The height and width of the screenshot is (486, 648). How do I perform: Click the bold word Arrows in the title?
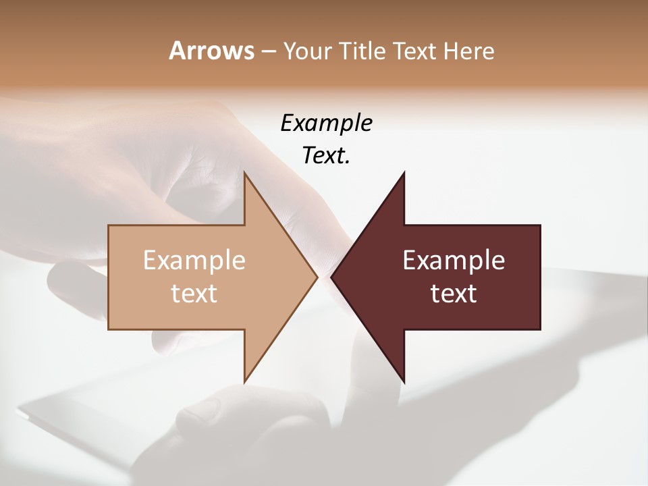click(x=211, y=51)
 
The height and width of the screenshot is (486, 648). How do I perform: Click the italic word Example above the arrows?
click(x=326, y=124)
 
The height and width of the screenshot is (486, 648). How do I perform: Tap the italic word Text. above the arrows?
click(x=326, y=156)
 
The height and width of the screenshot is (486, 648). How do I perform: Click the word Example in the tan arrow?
click(x=194, y=261)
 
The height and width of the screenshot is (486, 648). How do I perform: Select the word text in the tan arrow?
click(x=194, y=294)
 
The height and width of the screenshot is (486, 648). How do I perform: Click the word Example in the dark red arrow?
click(x=454, y=261)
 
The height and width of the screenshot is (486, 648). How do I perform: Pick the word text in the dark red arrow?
click(x=454, y=294)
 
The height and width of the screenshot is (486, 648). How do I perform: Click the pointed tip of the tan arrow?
click(x=316, y=277)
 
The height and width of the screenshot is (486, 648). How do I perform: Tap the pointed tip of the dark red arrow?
click(x=332, y=277)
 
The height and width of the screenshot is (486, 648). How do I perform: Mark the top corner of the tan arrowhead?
click(x=245, y=173)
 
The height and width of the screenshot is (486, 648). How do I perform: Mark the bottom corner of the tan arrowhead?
click(x=245, y=381)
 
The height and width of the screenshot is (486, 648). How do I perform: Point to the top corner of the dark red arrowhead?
click(x=404, y=173)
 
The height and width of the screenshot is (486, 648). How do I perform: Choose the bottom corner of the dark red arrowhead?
click(x=404, y=381)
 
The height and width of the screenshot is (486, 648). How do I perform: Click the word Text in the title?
click(x=414, y=51)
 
